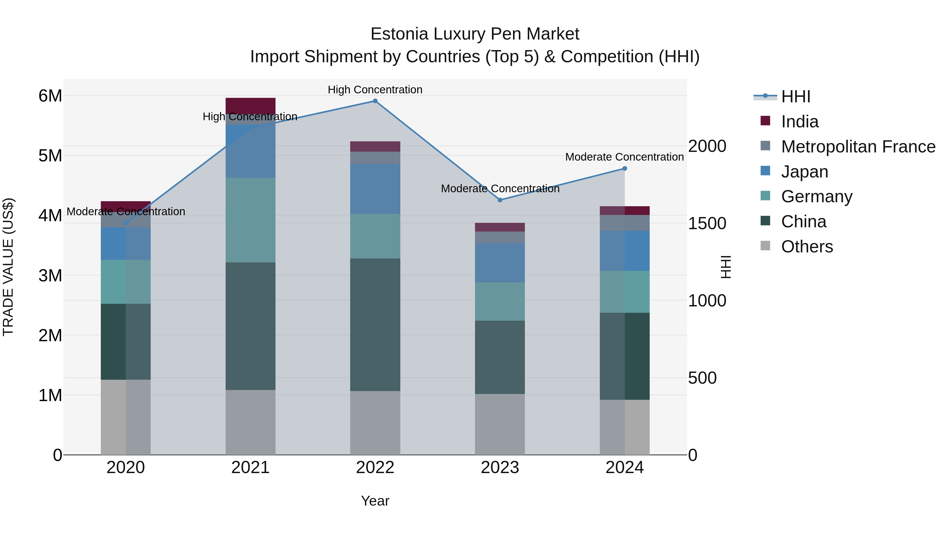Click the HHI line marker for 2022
(375, 101)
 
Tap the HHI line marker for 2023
(500, 200)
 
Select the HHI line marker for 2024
(625, 169)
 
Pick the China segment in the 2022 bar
(375, 324)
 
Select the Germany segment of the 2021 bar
(250, 220)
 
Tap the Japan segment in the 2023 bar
(500, 263)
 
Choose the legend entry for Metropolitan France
(858, 147)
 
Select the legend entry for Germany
(816, 196)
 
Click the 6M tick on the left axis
(50, 96)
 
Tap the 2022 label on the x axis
(375, 468)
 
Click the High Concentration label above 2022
(375, 90)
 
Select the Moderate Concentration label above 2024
(624, 157)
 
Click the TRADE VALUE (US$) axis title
(8, 267)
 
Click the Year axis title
(375, 501)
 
